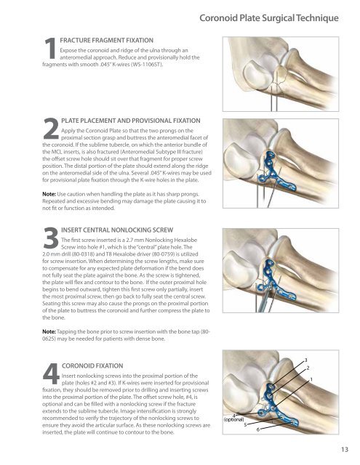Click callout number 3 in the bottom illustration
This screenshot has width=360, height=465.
coord(305,359)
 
